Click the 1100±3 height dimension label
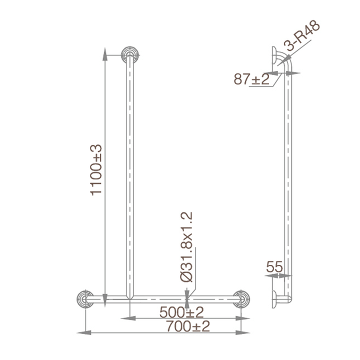pyautogui.click(x=96, y=169)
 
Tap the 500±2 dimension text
pyautogui.click(x=181, y=312)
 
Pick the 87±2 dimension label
pyautogui.click(x=251, y=78)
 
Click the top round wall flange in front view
pyautogui.click(x=130, y=54)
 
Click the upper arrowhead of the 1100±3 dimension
pyautogui.click(x=104, y=51)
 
